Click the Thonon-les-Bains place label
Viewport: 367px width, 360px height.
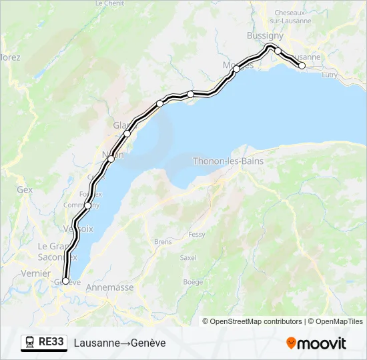(228, 161)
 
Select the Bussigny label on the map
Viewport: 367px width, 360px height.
(265, 35)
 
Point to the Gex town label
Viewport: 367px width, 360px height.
(25, 189)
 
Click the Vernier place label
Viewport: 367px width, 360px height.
(35, 273)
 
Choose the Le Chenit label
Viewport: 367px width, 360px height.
(109, 3)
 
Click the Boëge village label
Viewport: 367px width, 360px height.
(193, 282)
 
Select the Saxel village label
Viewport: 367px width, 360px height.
(188, 257)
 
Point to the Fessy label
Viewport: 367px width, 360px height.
(197, 235)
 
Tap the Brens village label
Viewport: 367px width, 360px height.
(162, 242)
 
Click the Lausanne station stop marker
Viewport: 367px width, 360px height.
(302, 65)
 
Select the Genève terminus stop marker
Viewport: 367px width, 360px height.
(65, 281)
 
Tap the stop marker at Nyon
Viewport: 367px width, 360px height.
(111, 159)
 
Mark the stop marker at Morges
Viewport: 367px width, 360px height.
(236, 69)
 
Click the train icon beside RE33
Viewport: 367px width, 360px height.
(30, 343)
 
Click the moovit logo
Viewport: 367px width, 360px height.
(316, 343)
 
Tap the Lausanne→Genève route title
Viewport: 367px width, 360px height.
(120, 343)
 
